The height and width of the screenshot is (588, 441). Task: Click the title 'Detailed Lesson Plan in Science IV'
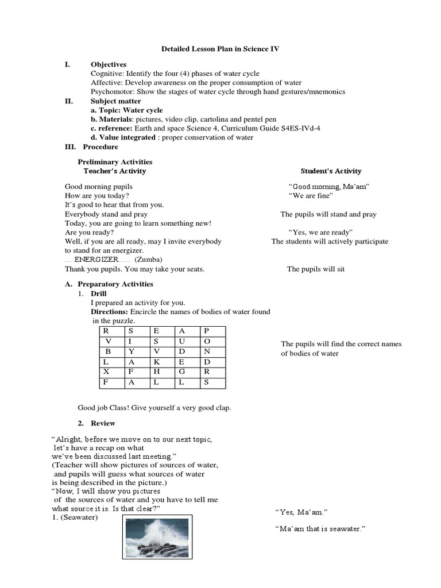coord(220,49)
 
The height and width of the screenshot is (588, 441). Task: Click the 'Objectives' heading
coord(109,64)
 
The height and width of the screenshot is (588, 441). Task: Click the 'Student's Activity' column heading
coord(331,171)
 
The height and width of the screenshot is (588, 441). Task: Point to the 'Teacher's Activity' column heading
coord(115,171)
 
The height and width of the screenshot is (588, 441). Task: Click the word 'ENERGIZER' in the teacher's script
coord(98,260)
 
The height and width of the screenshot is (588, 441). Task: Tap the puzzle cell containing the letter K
coord(156,362)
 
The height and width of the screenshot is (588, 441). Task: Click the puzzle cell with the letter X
coord(106,372)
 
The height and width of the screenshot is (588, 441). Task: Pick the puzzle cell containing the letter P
coord(207,331)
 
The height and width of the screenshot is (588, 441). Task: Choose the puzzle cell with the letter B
coord(107,351)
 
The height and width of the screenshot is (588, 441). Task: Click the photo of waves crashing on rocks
coord(158,536)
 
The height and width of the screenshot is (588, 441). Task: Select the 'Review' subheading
coord(103,423)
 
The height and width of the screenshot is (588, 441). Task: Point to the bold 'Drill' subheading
coord(99,293)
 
